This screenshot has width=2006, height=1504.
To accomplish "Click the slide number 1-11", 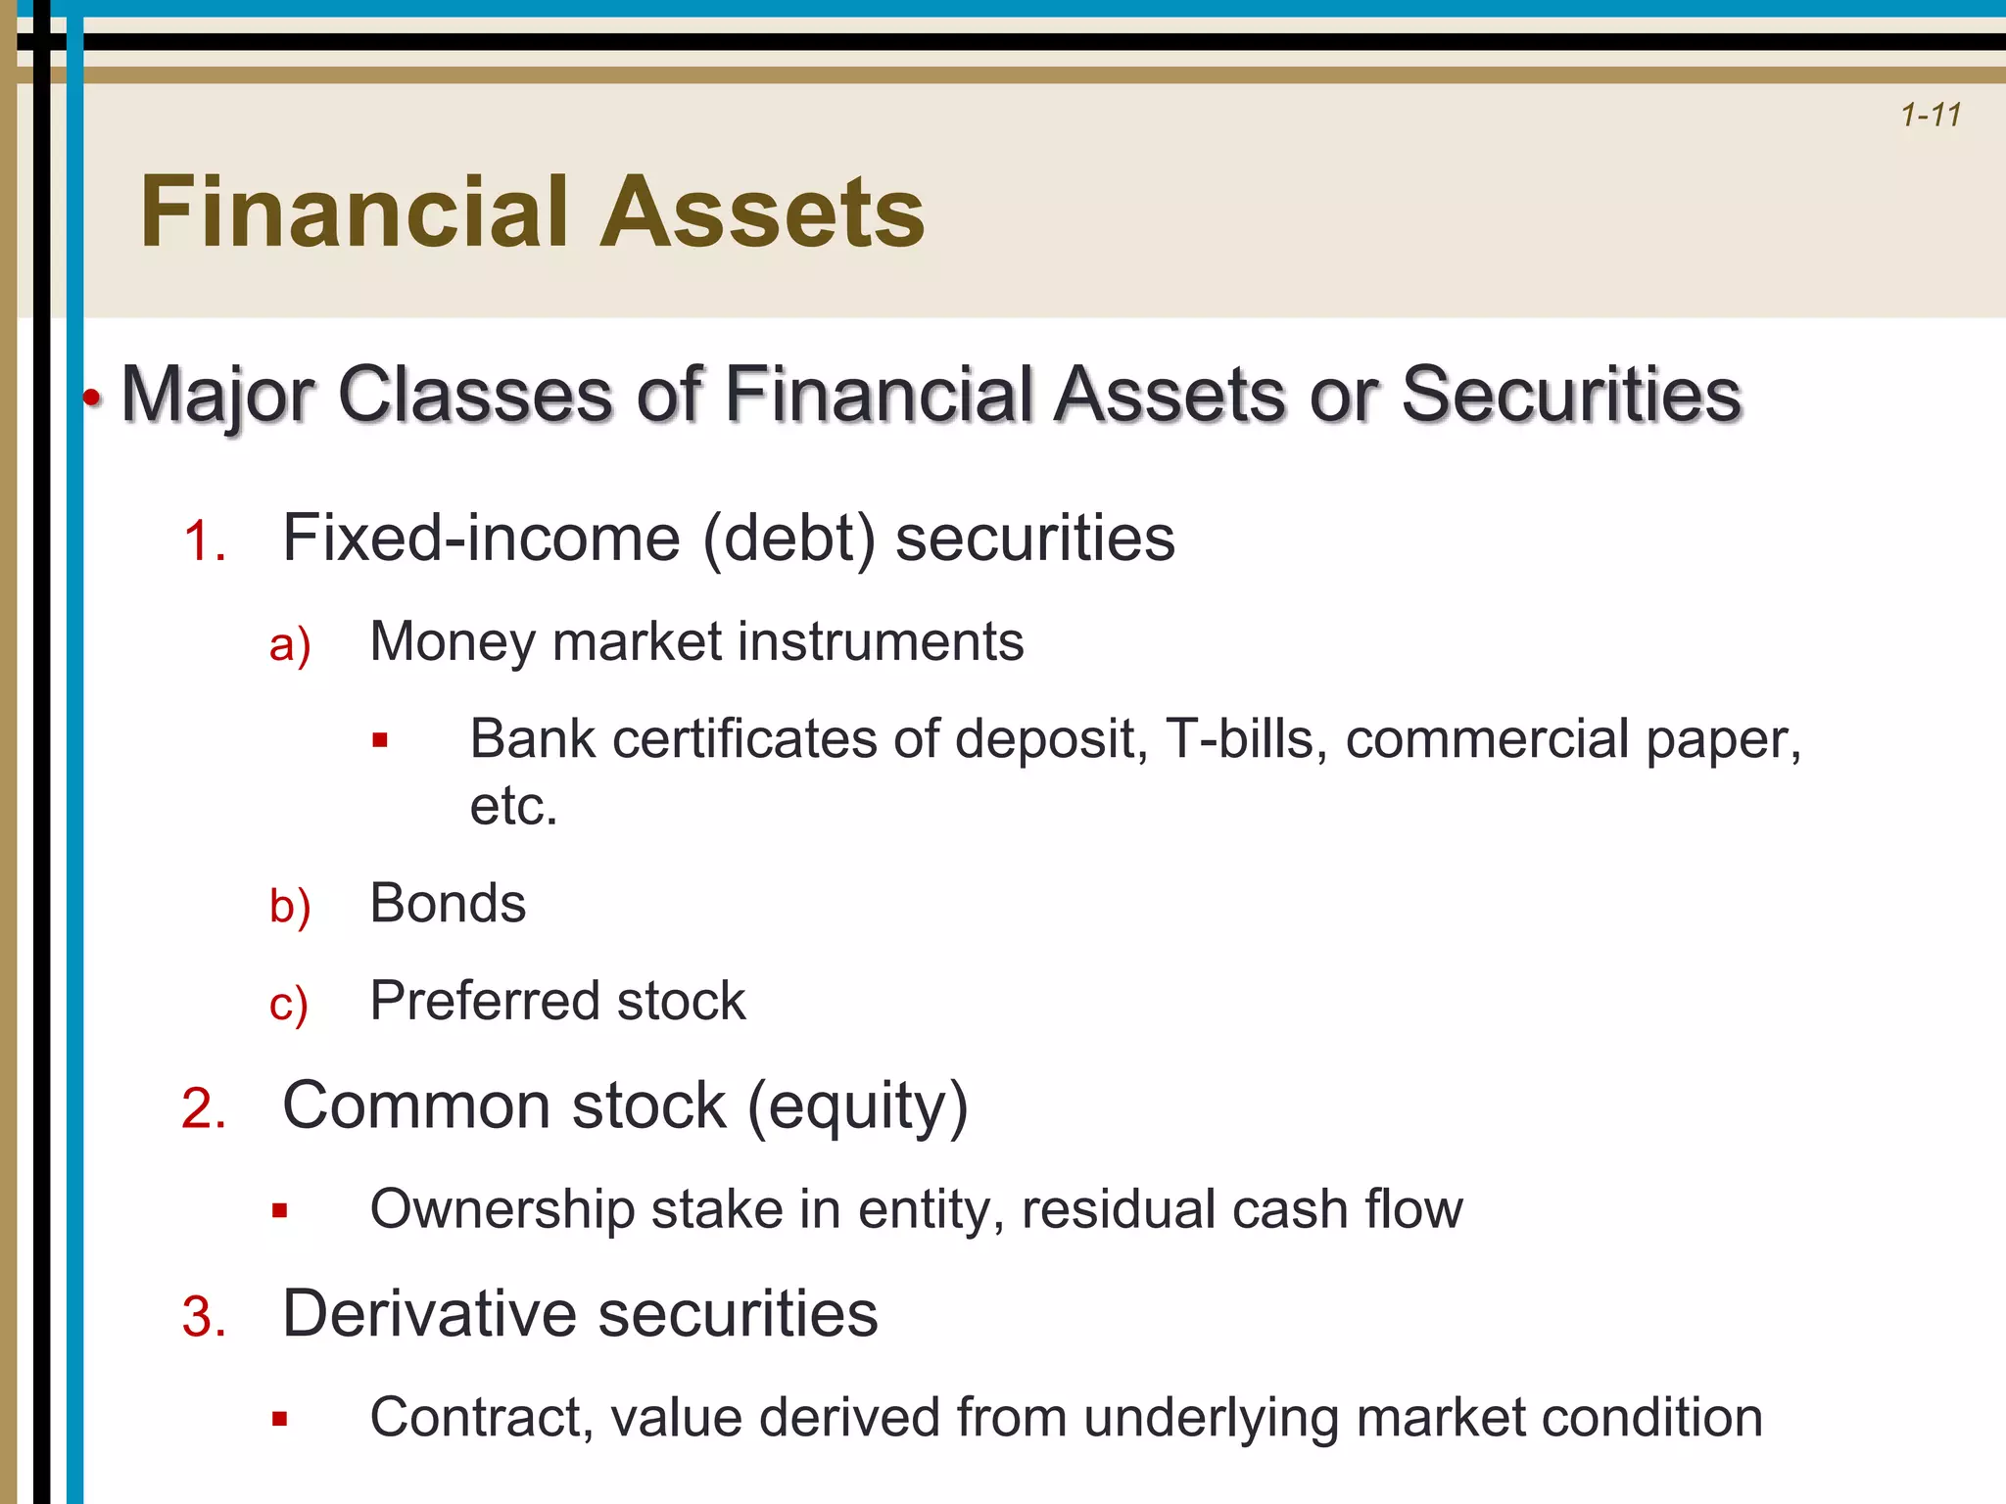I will [1931, 116].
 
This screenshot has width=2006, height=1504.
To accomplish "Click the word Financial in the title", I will [354, 212].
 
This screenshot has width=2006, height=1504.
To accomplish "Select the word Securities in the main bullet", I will [1571, 395].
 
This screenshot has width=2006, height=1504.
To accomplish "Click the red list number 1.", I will [203, 541].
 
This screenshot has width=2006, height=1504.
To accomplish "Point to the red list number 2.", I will [203, 1109].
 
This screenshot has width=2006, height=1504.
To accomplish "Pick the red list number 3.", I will [203, 1317].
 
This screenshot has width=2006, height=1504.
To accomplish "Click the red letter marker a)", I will [290, 645].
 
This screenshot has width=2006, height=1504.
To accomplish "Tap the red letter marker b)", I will [290, 906].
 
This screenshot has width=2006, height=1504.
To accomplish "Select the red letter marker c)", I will [289, 1005].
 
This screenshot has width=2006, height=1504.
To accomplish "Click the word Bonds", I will [448, 903].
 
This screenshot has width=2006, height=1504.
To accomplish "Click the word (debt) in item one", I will [788, 539].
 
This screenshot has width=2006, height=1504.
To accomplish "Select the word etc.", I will [513, 806].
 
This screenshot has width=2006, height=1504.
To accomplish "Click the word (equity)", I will [857, 1107].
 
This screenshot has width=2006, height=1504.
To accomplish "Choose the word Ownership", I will [502, 1209].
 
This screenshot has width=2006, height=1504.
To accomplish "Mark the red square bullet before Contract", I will [280, 1419].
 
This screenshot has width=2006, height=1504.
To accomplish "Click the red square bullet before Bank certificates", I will [380, 740].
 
